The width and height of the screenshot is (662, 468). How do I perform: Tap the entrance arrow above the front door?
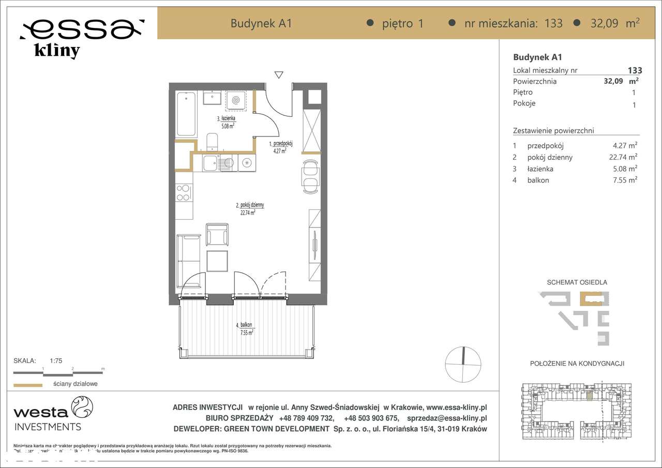[x=279, y=74]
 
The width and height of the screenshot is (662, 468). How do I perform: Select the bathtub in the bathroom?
[x=186, y=114]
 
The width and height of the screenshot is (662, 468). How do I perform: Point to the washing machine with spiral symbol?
[x=238, y=100]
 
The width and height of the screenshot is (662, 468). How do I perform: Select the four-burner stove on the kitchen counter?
[x=184, y=192]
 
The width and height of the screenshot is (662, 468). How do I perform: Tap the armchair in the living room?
[x=217, y=235]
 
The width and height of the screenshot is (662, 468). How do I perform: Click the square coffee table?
[x=217, y=261]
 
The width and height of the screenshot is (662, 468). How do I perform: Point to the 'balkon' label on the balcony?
[x=245, y=325]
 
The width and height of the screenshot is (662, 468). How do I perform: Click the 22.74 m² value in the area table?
[x=623, y=157]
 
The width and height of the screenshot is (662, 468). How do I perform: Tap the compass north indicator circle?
[x=463, y=364]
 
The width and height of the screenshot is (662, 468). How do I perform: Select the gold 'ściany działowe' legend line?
[x=27, y=385]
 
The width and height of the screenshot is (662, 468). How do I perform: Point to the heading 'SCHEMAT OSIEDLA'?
[x=577, y=282]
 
